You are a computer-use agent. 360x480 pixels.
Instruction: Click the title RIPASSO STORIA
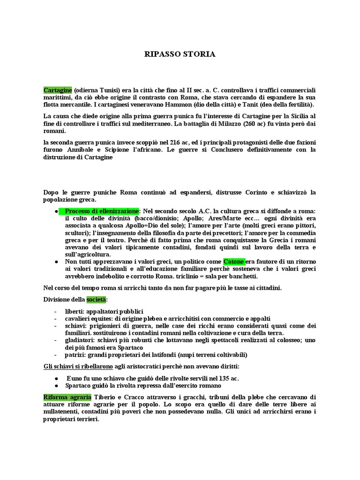coord(180,54)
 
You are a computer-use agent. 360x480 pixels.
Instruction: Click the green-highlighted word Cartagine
coord(58,90)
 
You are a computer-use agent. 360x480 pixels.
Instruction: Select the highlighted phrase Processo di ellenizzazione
coord(102,211)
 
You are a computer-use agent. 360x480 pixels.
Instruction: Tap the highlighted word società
coord(97,299)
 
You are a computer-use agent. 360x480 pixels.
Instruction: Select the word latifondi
coord(170,355)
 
